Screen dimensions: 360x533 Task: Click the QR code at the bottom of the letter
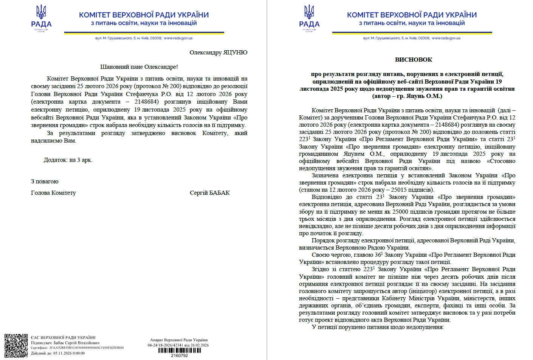tap(16, 346)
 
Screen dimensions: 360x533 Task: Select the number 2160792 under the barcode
tap(179, 355)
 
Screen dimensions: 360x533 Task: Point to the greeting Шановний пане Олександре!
tap(139, 67)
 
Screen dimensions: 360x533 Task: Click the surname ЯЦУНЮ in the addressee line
tap(235, 53)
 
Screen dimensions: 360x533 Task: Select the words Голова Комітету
tap(53, 193)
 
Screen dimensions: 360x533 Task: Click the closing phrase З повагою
tap(45, 182)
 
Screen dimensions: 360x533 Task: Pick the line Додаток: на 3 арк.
tap(68, 160)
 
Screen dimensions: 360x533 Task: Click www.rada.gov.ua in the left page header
tap(178, 38)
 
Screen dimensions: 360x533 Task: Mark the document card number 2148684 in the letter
tap(146, 102)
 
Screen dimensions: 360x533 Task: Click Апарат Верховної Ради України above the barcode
tap(179, 340)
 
